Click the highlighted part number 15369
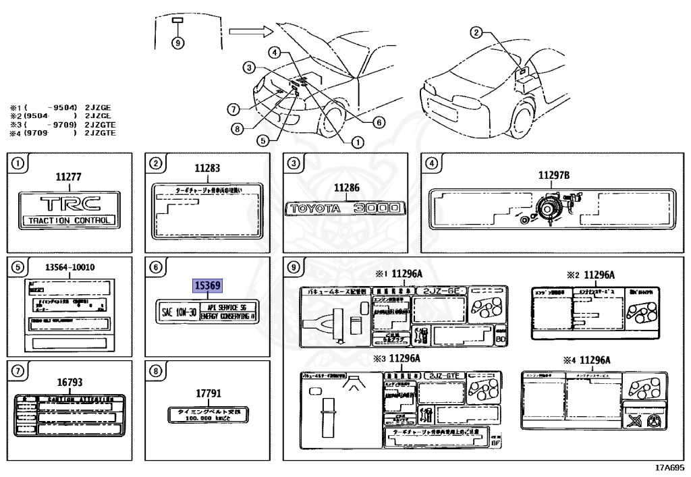point(207,285)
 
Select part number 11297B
point(553,175)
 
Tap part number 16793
point(70,382)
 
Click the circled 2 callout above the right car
point(476,32)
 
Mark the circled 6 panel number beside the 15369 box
point(156,267)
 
